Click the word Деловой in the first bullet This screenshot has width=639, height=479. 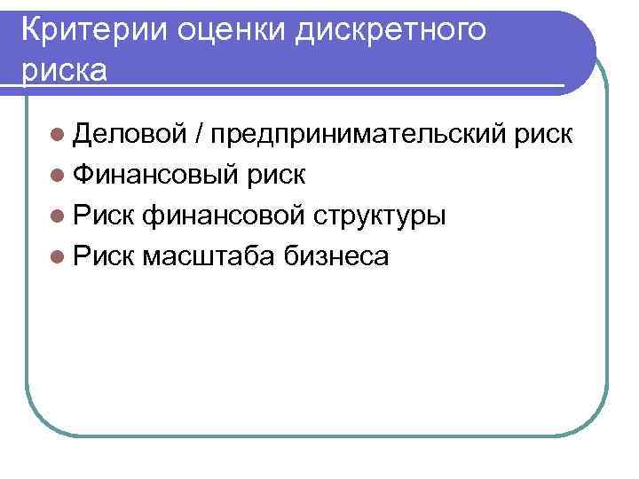point(129,134)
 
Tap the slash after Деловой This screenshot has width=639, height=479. point(200,134)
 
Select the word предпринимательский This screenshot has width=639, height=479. point(359,135)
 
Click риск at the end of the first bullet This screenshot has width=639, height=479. point(543,135)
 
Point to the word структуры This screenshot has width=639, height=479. point(375,216)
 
